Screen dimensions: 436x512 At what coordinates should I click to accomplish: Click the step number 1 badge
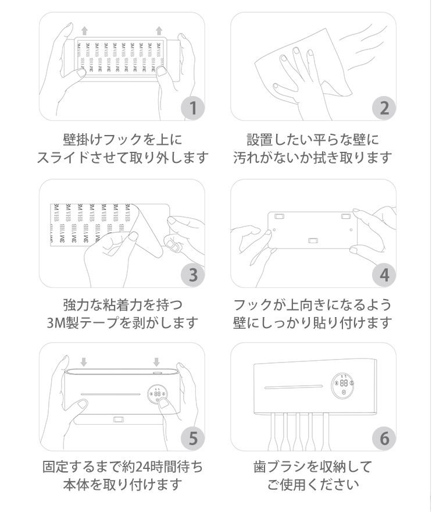193,108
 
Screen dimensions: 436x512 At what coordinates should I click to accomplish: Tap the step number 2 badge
384,108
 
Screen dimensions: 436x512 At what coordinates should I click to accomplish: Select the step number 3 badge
193,275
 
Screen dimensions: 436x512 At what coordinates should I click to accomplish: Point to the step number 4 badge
384,275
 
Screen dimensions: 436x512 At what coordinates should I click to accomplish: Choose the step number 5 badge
193,438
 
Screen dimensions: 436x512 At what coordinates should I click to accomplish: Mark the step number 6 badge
384,438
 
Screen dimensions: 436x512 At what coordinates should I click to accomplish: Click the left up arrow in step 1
84,31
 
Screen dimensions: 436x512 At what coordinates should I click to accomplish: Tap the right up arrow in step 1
159,31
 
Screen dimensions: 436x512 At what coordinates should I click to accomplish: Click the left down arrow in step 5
84,362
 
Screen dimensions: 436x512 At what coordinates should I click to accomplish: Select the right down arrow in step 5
156,362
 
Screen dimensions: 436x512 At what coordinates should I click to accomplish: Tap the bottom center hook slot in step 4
313,241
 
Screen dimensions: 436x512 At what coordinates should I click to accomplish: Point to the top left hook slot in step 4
280,216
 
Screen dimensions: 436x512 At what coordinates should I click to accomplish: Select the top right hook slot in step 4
346,216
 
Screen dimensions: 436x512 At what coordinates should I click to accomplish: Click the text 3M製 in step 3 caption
62,323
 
